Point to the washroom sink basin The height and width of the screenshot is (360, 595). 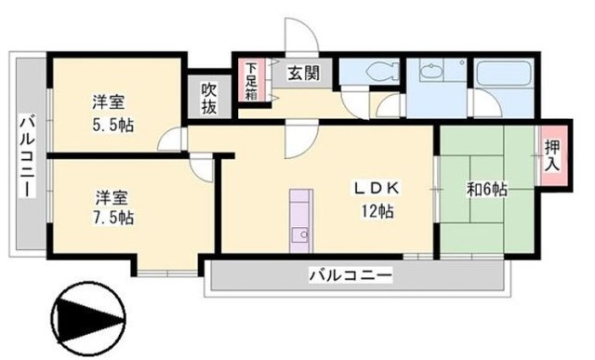click(432, 71)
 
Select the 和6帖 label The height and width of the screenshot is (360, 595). click(485, 188)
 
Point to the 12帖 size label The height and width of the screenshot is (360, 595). click(377, 212)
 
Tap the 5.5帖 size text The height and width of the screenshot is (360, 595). click(112, 124)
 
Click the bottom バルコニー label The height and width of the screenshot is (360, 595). click(351, 275)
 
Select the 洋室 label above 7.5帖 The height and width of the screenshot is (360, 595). click(112, 197)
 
